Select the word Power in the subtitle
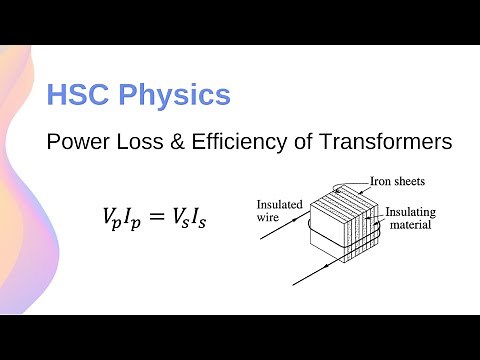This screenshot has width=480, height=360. pos(75,143)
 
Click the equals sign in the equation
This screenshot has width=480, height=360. pos(154,215)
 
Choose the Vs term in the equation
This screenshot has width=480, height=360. pos(181,216)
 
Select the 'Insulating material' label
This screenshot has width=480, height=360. pos(410,219)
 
